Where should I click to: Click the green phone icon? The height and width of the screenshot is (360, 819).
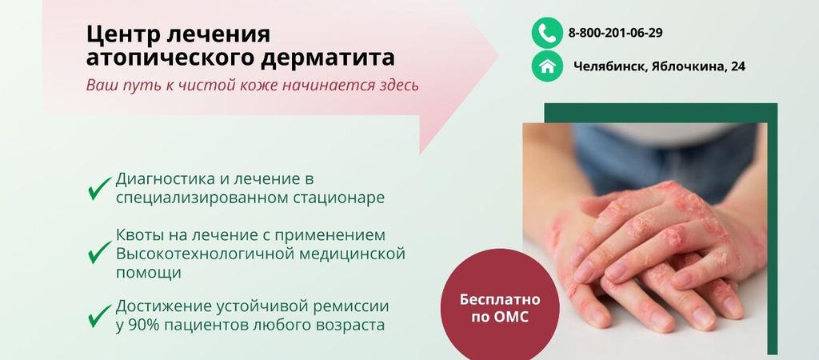tap(547, 33)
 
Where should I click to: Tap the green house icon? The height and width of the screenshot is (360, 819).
tap(547, 66)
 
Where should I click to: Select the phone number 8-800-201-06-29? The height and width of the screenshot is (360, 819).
tap(615, 33)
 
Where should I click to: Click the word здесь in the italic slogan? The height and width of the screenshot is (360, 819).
tap(397, 85)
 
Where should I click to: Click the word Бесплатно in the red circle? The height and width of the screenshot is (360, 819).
tap(500, 300)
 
